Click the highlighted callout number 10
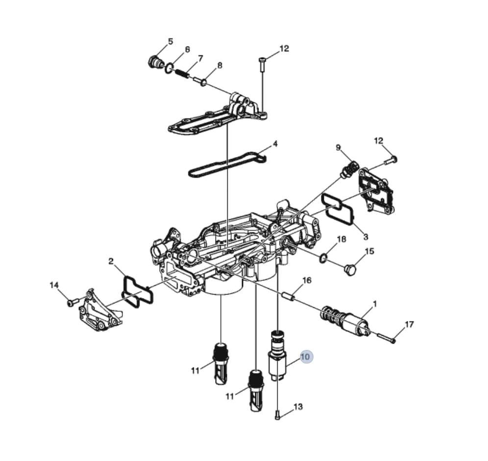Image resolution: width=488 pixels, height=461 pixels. pos(306,357)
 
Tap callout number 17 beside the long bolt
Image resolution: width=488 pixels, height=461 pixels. pos(409,324)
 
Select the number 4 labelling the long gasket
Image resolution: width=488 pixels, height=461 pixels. pos(275,144)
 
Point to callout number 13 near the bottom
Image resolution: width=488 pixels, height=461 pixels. pos(298,407)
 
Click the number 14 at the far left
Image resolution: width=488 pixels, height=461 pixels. pos(54,285)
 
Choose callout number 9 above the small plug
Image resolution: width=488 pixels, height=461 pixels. pos(338,148)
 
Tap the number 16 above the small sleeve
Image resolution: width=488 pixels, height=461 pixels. pos(307,280)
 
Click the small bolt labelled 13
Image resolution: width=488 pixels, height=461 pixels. pos(278,415)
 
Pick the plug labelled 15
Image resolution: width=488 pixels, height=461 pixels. pos(351,270)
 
